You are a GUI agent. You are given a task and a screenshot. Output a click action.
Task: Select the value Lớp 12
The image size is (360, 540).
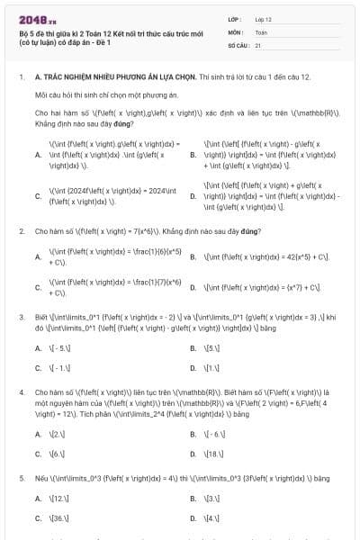263,18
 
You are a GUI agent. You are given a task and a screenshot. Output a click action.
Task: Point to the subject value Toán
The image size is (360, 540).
261,31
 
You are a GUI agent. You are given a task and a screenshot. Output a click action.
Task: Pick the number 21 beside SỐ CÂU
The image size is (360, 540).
258,43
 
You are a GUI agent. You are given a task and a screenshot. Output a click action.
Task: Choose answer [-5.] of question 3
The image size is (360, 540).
57,346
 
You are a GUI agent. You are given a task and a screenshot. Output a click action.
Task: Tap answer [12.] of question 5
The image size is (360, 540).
57,497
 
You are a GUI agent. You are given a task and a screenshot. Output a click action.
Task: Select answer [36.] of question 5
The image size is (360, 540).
57,518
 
